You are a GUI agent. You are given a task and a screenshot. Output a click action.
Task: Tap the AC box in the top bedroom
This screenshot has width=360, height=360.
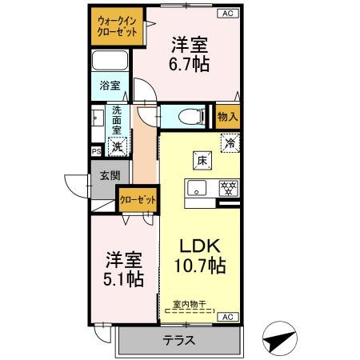pyautogui.click(x=226, y=14)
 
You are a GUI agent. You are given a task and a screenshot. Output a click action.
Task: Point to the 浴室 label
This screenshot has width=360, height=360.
pyautogui.click(x=110, y=84)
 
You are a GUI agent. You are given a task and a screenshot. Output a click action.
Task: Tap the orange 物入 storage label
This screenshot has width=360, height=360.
pyautogui.click(x=227, y=117)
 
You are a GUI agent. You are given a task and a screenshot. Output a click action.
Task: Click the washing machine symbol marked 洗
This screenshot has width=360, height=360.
pyautogui.click(x=117, y=146)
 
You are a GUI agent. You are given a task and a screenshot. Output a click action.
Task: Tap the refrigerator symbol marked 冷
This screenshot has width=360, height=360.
pyautogui.click(x=229, y=145)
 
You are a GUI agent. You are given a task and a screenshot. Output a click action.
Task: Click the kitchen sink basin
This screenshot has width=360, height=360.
pyautogui.click(x=196, y=189)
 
